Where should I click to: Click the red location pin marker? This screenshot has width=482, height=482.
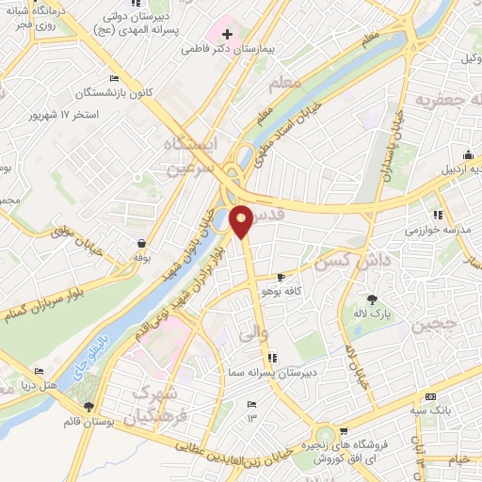[242, 219]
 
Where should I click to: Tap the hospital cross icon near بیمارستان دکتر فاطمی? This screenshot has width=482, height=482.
[227, 35]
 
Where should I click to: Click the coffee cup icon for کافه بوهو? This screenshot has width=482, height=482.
[281, 277]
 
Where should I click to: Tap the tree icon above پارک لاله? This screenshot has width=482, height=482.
[385, 297]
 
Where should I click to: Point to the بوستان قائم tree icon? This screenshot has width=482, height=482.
[88, 407]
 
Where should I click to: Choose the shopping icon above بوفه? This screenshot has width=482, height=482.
[141, 243]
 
